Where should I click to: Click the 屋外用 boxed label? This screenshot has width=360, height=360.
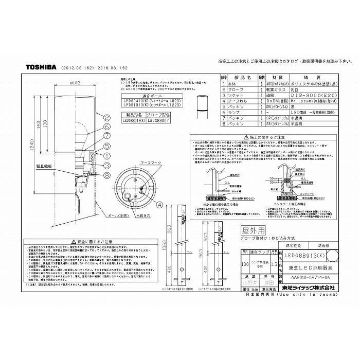[251, 231]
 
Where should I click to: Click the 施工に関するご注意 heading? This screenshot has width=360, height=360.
[260, 138]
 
